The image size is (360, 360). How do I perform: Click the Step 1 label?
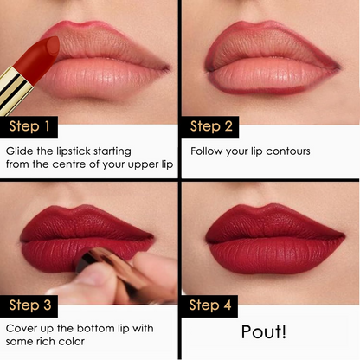click(x=29, y=128)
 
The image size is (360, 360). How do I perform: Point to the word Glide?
click(x=21, y=151)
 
